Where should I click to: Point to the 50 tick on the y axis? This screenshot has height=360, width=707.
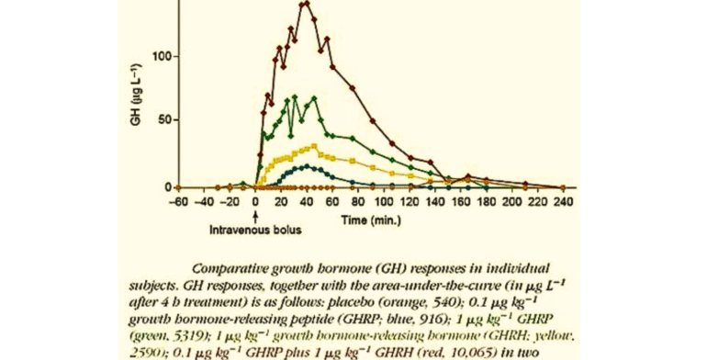183,120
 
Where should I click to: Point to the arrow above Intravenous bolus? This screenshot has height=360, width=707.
254,209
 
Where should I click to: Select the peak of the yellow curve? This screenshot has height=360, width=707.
314,146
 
